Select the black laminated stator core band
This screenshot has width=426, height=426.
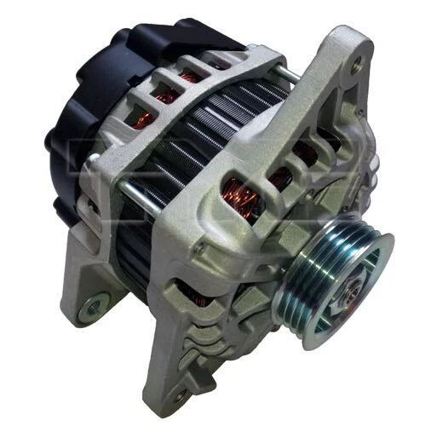(x=196, y=153)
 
